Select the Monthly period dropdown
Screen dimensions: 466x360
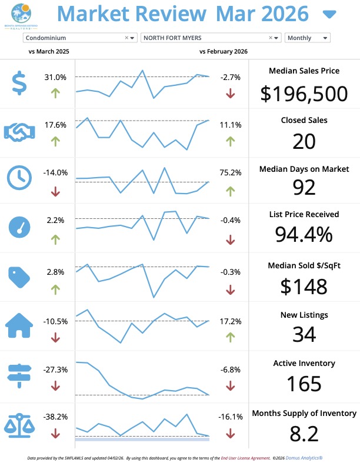pyautogui.click(x=307, y=38)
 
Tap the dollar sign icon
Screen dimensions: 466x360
pyautogui.click(x=20, y=84)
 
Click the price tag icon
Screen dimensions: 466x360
pyautogui.click(x=20, y=276)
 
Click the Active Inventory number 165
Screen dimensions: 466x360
pyautogui.click(x=304, y=384)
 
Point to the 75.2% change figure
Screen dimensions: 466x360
pyautogui.click(x=231, y=173)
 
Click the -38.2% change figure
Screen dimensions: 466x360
pyautogui.click(x=56, y=417)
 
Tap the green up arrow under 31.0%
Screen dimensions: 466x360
pyautogui.click(x=56, y=93)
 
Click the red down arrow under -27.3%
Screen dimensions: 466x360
pyautogui.click(x=56, y=386)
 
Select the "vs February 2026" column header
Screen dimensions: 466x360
pyautogui.click(x=224, y=52)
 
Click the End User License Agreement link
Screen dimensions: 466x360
pyautogui.click(x=244, y=457)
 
